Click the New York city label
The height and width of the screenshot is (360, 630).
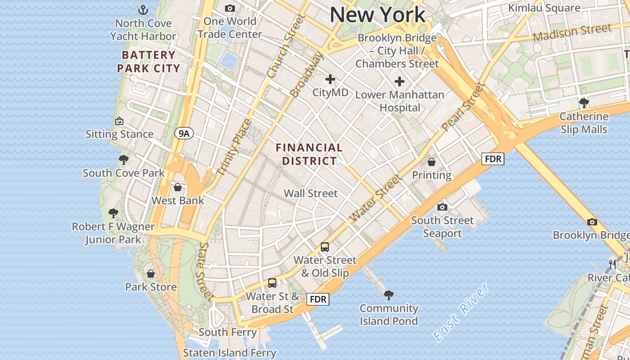[377, 14]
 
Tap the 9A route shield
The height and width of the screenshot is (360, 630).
[184, 133]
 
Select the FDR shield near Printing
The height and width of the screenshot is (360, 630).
[493, 159]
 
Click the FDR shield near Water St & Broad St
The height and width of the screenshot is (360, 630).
[318, 299]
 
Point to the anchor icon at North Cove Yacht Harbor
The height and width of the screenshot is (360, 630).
[143, 9]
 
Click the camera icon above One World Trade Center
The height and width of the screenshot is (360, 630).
[230, 8]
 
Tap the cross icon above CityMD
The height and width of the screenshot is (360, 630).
[330, 80]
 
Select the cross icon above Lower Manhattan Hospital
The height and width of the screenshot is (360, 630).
[399, 81]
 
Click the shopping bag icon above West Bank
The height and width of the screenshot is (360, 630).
[178, 187]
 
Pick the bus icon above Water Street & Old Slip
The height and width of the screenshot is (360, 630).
[325, 247]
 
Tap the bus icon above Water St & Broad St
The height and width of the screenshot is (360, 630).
[272, 283]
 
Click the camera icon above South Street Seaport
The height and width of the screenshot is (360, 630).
[442, 207]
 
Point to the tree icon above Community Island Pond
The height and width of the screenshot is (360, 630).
[389, 295]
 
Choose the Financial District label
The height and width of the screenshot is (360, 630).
[309, 154]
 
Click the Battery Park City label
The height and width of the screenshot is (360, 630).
[148, 62]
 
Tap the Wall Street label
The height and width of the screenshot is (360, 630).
[310, 193]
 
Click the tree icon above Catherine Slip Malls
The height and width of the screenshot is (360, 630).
[584, 103]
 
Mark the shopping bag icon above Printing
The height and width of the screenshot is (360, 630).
[432, 162]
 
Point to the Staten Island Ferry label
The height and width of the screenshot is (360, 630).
[229, 353]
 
